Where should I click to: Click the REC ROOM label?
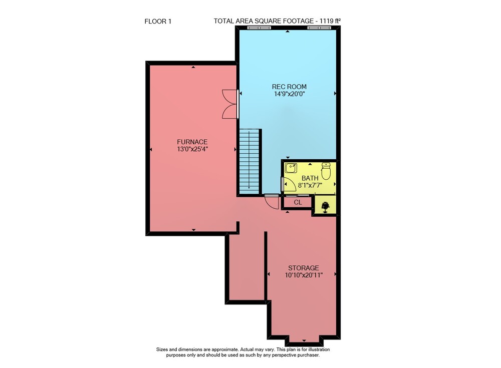tap(289, 87)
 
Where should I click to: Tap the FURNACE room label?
tap(192, 142)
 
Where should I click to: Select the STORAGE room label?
tap(304, 268)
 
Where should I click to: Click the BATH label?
tap(310, 178)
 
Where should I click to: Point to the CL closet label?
tap(298, 202)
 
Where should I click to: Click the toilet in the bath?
tap(326, 171)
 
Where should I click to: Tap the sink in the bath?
tap(291, 168)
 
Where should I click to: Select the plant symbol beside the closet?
tap(326, 207)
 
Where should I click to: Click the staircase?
tap(249, 161)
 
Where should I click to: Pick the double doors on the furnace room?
tap(230, 104)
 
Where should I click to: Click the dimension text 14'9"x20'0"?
tap(290, 94)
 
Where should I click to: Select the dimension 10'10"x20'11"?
tap(304, 275)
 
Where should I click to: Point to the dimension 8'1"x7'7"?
tap(310, 185)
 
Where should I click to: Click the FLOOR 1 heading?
tap(158, 22)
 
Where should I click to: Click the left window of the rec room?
tap(259, 28)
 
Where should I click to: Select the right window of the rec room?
tap(319, 28)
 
